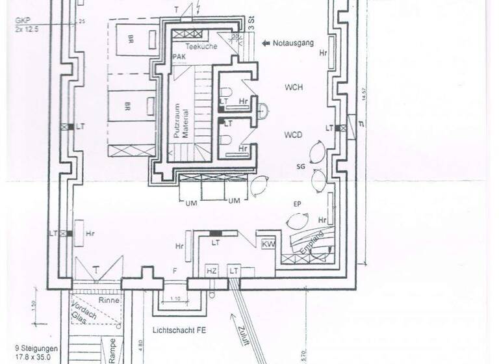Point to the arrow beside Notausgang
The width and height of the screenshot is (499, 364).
266,44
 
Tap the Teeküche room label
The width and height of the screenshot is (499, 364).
200,46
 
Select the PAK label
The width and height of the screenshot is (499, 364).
179,58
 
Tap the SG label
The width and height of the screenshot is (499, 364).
300,167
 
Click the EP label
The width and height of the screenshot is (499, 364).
297,204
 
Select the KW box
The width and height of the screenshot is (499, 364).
268,244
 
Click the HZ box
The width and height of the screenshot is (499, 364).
211,270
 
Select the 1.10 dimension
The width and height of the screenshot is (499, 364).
175,298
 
